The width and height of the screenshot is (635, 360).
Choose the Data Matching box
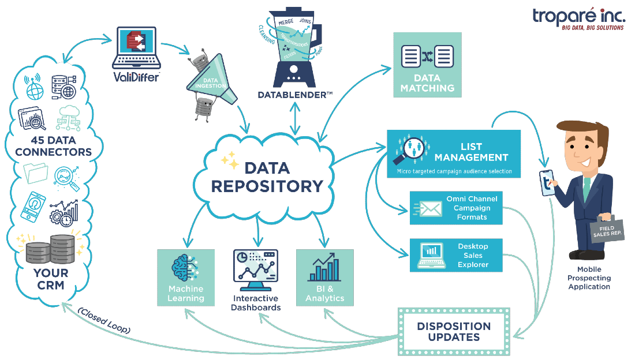tap(427, 65)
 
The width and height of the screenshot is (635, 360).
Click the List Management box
tap(454, 153)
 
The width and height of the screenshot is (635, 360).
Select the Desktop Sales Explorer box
tap(456, 255)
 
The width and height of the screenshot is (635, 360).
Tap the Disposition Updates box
tap(454, 331)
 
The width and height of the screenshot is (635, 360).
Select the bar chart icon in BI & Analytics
tap(324, 267)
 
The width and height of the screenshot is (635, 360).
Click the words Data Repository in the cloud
tap(266, 177)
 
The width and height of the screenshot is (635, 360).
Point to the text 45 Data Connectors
tap(53, 146)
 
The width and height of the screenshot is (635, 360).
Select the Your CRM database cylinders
tap(50, 249)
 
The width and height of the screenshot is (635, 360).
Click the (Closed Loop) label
tap(104, 321)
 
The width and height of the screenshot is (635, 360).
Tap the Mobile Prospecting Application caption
tap(589, 278)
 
